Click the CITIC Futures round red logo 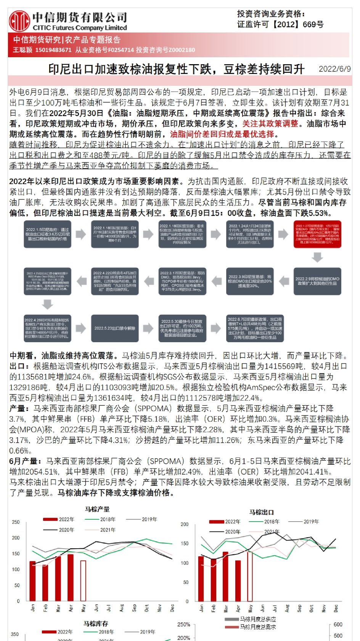point(19,21)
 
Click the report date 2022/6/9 point(334,69)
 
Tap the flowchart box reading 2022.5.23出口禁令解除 point(115,328)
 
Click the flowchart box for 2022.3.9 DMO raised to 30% point(250,281)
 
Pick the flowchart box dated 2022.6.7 point(255,328)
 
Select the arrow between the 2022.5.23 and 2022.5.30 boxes point(148,328)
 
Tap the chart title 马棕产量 point(97,509)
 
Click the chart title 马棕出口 point(262,512)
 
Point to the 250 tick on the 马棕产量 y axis point(16,522)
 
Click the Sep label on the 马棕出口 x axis point(299,608)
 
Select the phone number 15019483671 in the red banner point(53,50)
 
